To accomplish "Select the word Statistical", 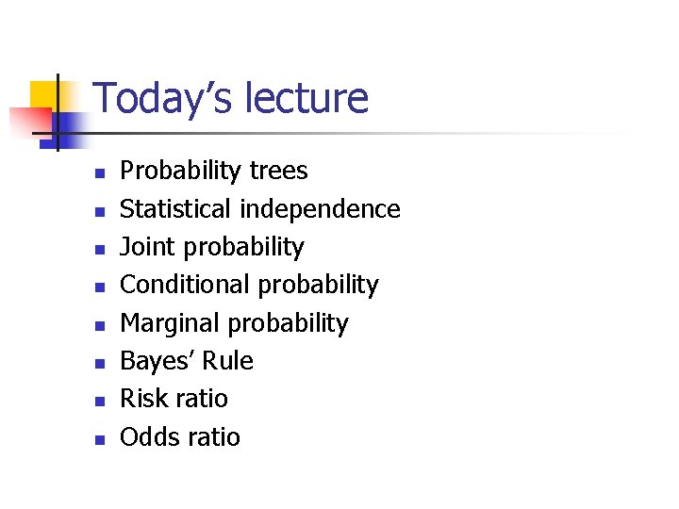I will (x=176, y=208).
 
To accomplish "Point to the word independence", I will (x=321, y=208).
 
